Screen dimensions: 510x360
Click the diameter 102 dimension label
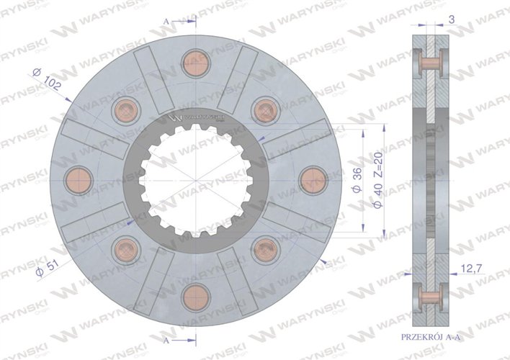tap(47, 78)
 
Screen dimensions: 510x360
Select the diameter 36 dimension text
tap(357, 181)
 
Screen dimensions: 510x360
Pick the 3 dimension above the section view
tap(452, 19)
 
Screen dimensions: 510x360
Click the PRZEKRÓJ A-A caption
tap(431, 337)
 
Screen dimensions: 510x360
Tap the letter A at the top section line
tap(166, 22)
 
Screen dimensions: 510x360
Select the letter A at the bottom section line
tap(166, 341)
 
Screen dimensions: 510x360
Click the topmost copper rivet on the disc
tap(196, 63)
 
